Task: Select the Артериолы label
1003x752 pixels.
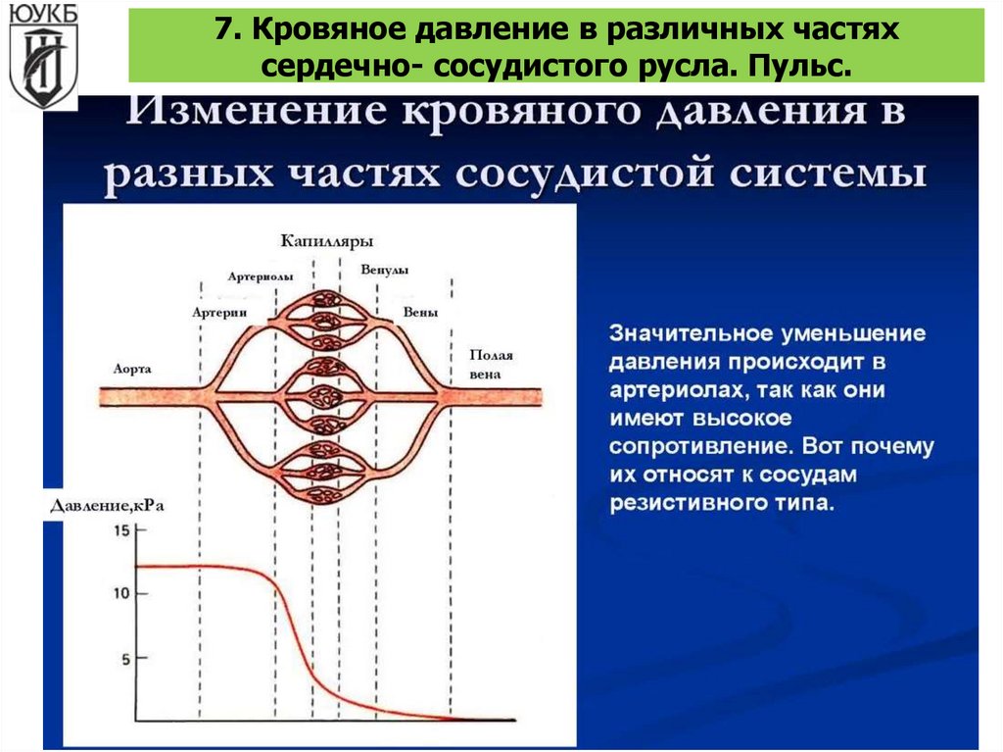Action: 260,277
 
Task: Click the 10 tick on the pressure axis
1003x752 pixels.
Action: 122,594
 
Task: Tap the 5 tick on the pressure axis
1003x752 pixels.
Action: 124,659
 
